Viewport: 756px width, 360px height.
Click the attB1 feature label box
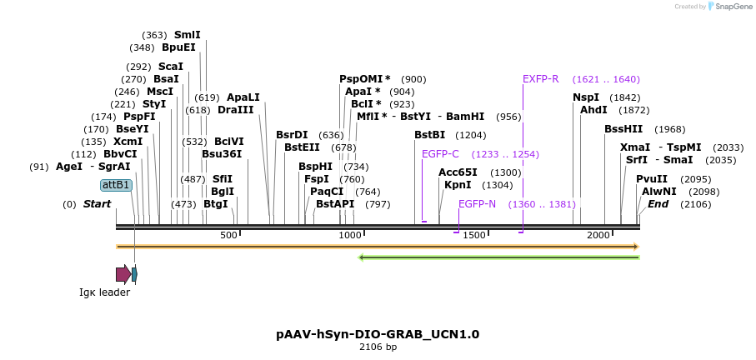click(x=116, y=185)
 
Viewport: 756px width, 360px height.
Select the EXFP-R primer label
click(x=540, y=79)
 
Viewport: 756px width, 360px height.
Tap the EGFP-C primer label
click(x=440, y=154)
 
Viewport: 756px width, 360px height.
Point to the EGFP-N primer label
click(x=477, y=204)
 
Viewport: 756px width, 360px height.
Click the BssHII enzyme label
click(x=623, y=129)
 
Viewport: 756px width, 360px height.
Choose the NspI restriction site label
click(x=586, y=97)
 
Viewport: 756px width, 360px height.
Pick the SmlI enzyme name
click(x=187, y=35)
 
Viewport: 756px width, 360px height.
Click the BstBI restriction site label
click(x=430, y=135)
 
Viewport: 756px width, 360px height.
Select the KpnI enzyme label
click(x=456, y=185)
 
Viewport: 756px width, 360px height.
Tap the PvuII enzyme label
click(x=652, y=179)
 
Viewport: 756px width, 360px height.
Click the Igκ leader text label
click(x=105, y=292)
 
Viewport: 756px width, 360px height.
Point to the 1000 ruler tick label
click(x=350, y=236)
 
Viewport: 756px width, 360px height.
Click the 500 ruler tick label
click(x=229, y=236)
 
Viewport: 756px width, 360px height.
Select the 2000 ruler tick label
click(x=598, y=236)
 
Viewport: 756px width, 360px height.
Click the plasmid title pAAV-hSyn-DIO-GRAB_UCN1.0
click(x=378, y=334)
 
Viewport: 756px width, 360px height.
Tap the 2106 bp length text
click(x=378, y=347)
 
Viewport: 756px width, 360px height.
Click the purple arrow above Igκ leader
click(x=123, y=274)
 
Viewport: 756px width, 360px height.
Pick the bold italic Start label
click(x=97, y=204)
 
